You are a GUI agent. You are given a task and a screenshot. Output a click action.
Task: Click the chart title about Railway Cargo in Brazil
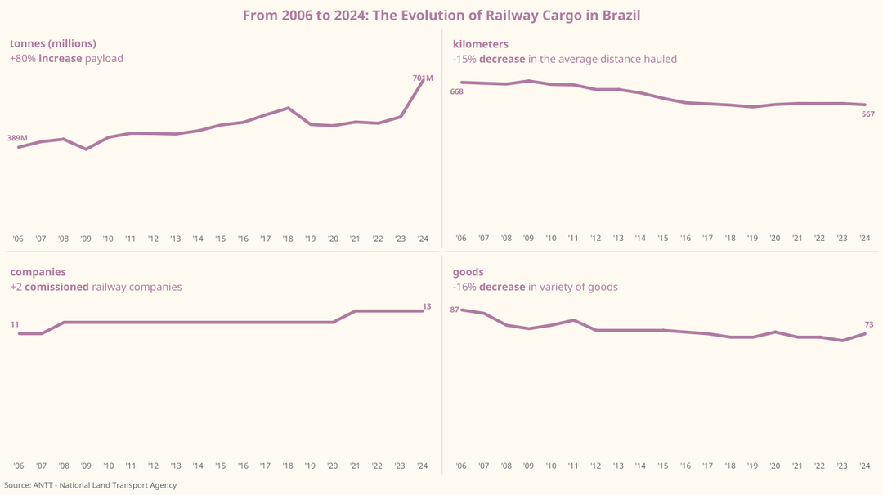tap(441, 16)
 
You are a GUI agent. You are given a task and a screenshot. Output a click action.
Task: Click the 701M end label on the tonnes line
tap(423, 78)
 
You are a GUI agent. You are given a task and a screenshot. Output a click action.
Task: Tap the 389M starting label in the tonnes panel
tap(17, 139)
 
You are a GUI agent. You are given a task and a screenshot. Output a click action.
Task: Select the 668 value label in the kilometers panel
tap(456, 91)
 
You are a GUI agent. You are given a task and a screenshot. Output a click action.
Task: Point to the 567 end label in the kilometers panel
tap(867, 114)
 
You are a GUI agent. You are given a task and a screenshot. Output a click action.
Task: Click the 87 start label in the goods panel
tap(455, 310)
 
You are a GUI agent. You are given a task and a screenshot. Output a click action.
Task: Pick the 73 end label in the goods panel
tap(869, 325)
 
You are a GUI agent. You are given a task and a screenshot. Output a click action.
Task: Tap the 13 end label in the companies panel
tap(427, 306)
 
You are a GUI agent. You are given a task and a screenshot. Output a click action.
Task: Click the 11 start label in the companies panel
tap(15, 325)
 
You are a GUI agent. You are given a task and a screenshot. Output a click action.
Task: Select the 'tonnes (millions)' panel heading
tap(53, 43)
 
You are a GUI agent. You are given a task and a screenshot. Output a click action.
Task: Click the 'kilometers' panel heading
tap(481, 43)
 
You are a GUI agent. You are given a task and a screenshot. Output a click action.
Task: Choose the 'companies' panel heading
tap(38, 271)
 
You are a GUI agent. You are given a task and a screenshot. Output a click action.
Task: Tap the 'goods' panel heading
tap(468, 271)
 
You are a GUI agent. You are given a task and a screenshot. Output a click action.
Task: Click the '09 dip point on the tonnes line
tap(86, 149)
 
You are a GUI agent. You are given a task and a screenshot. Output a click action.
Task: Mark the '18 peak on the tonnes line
tap(288, 108)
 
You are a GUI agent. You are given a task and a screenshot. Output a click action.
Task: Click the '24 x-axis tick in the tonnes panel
tap(423, 239)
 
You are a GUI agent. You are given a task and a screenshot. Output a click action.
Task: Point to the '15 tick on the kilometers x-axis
tap(663, 239)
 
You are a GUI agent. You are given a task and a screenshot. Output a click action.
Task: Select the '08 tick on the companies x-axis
tap(63, 466)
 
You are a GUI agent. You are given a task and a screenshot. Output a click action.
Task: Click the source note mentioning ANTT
tap(90, 485)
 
